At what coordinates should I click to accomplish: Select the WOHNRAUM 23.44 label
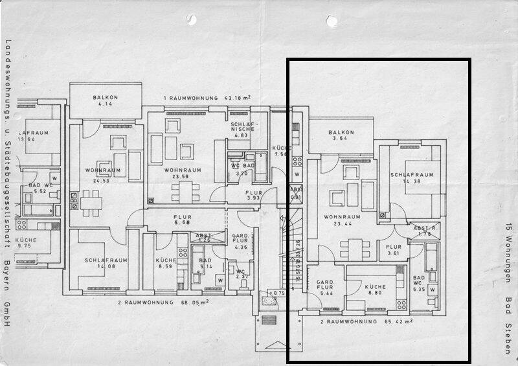click(341, 220)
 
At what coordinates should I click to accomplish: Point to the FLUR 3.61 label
click(394, 249)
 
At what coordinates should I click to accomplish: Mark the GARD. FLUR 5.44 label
click(325, 288)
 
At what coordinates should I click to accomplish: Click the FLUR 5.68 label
click(183, 221)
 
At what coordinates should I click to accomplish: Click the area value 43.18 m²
click(237, 97)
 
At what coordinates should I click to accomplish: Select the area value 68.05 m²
click(185, 303)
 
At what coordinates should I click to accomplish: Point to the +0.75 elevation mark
click(278, 293)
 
